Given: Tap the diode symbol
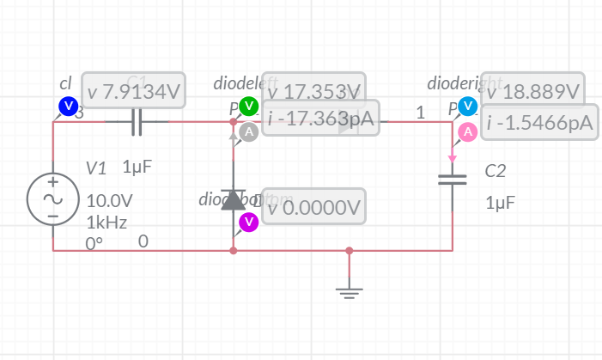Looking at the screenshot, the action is point(233,199).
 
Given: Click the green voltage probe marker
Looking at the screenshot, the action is point(248,107).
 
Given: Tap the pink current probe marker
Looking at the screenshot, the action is point(467,131).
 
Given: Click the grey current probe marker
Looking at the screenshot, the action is point(248,131).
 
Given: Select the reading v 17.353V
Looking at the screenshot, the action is point(314,91).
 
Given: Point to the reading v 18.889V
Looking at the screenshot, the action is point(533,91).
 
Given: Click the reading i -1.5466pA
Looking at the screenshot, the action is point(538,123).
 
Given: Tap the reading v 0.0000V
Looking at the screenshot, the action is point(314,207).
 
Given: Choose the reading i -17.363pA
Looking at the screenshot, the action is point(319,119).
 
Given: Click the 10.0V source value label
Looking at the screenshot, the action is point(110,201).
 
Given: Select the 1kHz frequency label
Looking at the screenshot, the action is point(107,223).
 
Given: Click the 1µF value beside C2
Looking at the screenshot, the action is point(501,204).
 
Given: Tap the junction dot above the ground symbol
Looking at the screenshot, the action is point(349,251).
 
